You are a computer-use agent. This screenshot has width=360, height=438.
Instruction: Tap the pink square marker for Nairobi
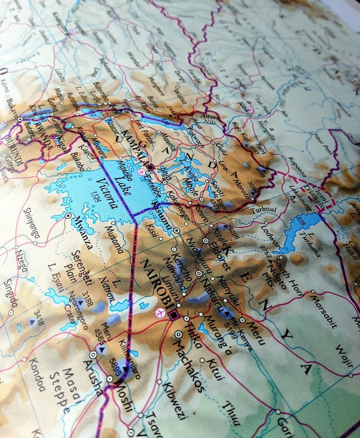(174, 315)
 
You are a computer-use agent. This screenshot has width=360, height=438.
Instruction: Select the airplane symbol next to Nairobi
(159, 312)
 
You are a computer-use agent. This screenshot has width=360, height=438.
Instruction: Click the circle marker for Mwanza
(68, 215)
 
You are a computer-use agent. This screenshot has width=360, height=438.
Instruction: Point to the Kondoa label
(36, 375)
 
